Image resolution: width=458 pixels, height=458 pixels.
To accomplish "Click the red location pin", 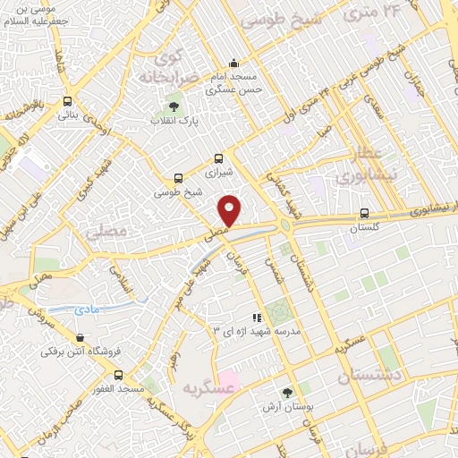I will click(230, 210).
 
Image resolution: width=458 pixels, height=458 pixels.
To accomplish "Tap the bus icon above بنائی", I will click(68, 101).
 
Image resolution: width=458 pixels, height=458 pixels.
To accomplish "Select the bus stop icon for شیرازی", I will click(219, 157).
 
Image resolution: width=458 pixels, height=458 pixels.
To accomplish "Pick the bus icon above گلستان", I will click(363, 214).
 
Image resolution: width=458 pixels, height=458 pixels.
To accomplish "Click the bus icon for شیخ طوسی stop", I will click(178, 178).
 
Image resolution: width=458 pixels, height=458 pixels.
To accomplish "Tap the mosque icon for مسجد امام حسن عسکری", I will click(233, 63).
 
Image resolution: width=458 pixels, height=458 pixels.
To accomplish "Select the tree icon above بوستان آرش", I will click(287, 392).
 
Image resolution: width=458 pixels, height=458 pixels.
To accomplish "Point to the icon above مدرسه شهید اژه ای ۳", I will click(257, 317).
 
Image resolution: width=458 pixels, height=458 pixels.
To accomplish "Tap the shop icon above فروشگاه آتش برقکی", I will click(81, 338).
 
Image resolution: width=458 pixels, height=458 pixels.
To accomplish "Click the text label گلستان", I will click(364, 228).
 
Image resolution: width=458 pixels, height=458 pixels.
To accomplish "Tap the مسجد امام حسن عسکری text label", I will click(234, 83).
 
